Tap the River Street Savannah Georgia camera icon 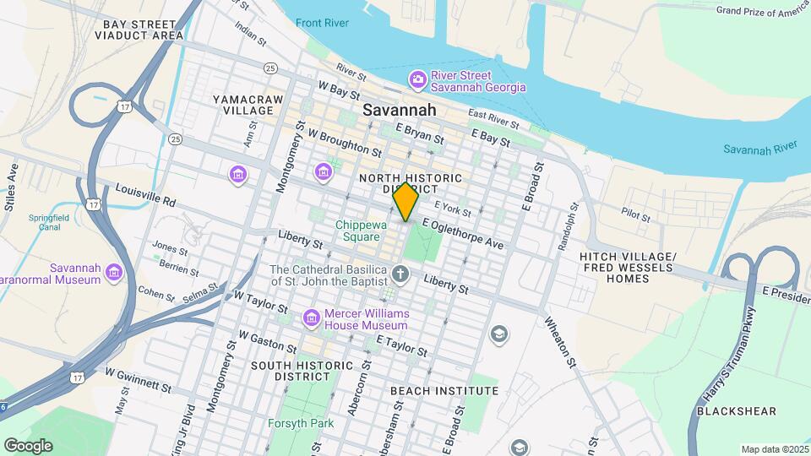pyautogui.click(x=417, y=80)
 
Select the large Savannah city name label pyautogui.click(x=400, y=110)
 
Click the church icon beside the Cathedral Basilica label pyautogui.click(x=400, y=274)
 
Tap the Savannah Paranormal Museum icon pyautogui.click(x=113, y=273)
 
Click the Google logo pyautogui.click(x=28, y=445)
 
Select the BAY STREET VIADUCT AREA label pyautogui.click(x=144, y=30)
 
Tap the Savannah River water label pyautogui.click(x=760, y=149)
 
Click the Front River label pyautogui.click(x=322, y=23)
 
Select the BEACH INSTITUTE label pyautogui.click(x=444, y=391)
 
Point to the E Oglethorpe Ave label pyautogui.click(x=463, y=231)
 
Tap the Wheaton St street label pyautogui.click(x=560, y=341)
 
